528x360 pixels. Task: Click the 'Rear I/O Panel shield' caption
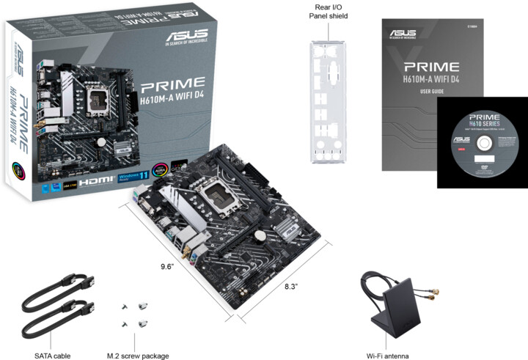click(x=329, y=12)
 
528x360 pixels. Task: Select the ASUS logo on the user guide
click(x=405, y=33)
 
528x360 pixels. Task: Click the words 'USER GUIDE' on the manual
click(x=433, y=92)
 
